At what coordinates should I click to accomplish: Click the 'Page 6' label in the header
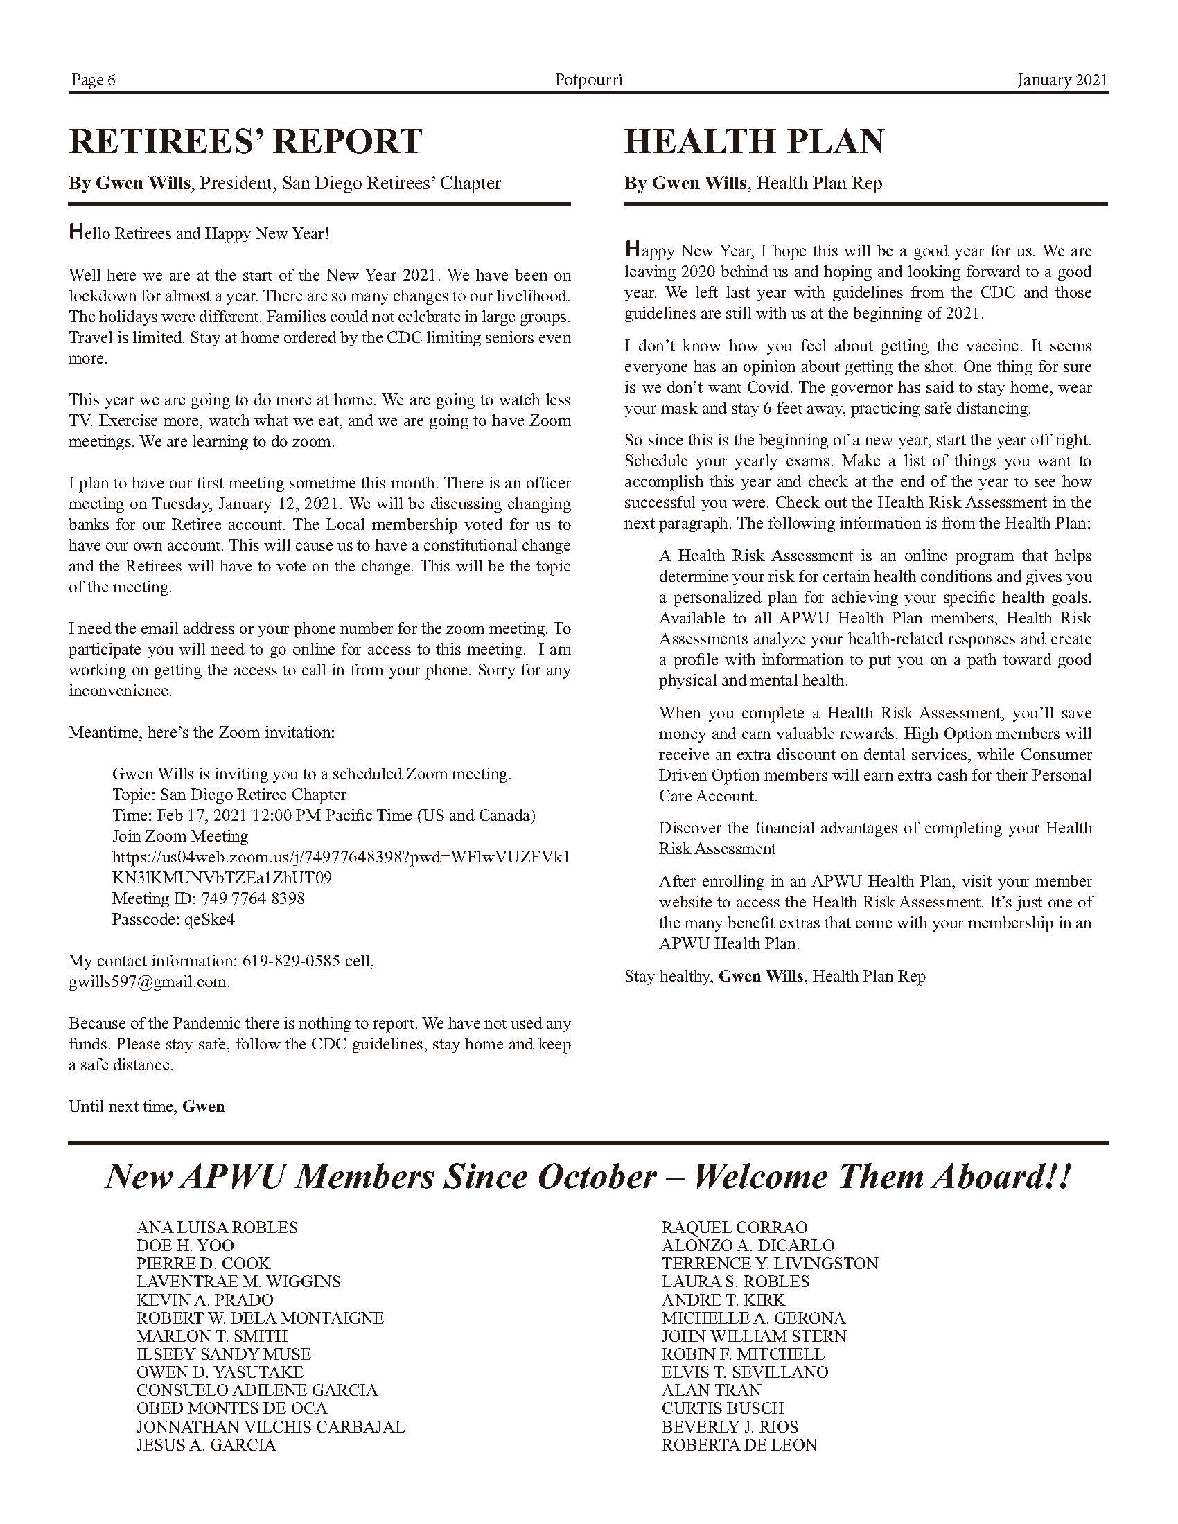tap(93, 80)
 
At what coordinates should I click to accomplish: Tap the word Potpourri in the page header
tap(588, 80)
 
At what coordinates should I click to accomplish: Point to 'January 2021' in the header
tap(1062, 80)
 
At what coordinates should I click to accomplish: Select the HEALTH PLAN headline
tap(754, 141)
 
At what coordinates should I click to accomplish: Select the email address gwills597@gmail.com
tap(148, 982)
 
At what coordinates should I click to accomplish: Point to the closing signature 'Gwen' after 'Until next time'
tap(204, 1107)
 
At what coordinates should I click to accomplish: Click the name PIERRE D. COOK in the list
tap(203, 1264)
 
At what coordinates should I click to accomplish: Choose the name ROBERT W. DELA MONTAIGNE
tap(260, 1318)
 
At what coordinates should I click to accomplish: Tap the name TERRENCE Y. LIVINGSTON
tap(770, 1264)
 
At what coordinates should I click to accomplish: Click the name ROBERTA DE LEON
tap(739, 1445)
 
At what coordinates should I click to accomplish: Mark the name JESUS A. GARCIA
tap(206, 1445)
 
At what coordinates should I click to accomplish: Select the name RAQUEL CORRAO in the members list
tap(734, 1228)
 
